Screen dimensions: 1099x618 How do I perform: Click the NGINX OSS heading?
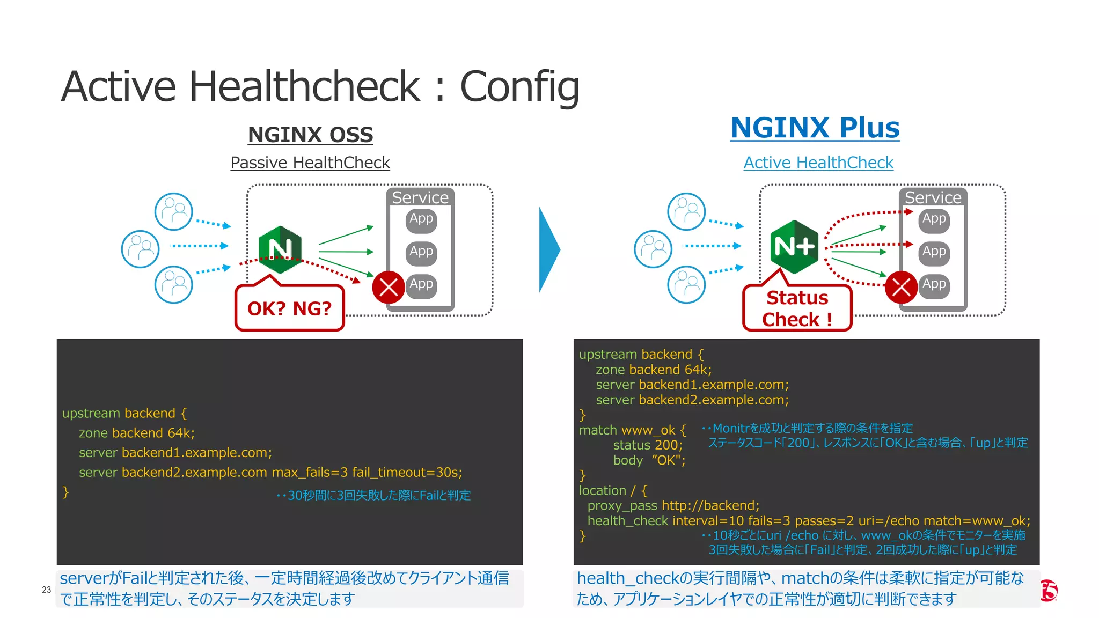click(x=310, y=135)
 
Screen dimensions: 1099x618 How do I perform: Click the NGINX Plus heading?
click(x=815, y=128)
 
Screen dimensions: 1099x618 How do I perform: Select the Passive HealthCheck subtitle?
click(x=310, y=163)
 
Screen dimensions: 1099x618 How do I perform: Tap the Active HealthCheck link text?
click(x=818, y=163)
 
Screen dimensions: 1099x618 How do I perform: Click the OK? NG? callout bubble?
click(x=289, y=308)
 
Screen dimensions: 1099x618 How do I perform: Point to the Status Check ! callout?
click(x=797, y=308)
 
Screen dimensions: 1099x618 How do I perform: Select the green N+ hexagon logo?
click(x=794, y=247)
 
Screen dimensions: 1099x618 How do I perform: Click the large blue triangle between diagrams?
click(x=548, y=249)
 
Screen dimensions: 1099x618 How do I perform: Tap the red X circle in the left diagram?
click(x=389, y=287)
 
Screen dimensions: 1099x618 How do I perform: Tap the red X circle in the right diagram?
click(x=901, y=287)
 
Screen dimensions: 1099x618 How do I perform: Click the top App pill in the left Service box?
click(x=421, y=219)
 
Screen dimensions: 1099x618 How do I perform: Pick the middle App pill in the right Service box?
click(x=934, y=252)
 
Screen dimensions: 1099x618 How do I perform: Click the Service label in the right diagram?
click(x=933, y=197)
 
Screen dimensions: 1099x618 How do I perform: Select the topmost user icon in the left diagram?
click(x=173, y=211)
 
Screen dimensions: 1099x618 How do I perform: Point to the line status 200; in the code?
click(x=648, y=445)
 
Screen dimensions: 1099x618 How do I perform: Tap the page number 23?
click(x=47, y=590)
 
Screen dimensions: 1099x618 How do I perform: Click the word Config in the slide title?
click(x=519, y=87)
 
